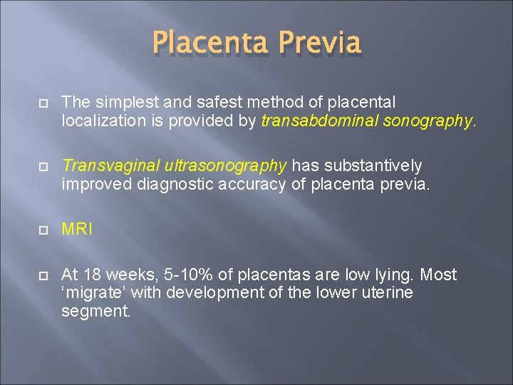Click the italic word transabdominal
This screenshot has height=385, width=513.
(x=320, y=122)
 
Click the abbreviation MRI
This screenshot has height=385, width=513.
(x=76, y=230)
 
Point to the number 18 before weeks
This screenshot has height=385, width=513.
(x=92, y=274)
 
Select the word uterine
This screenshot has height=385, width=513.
(x=385, y=293)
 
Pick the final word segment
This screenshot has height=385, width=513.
(x=95, y=311)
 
